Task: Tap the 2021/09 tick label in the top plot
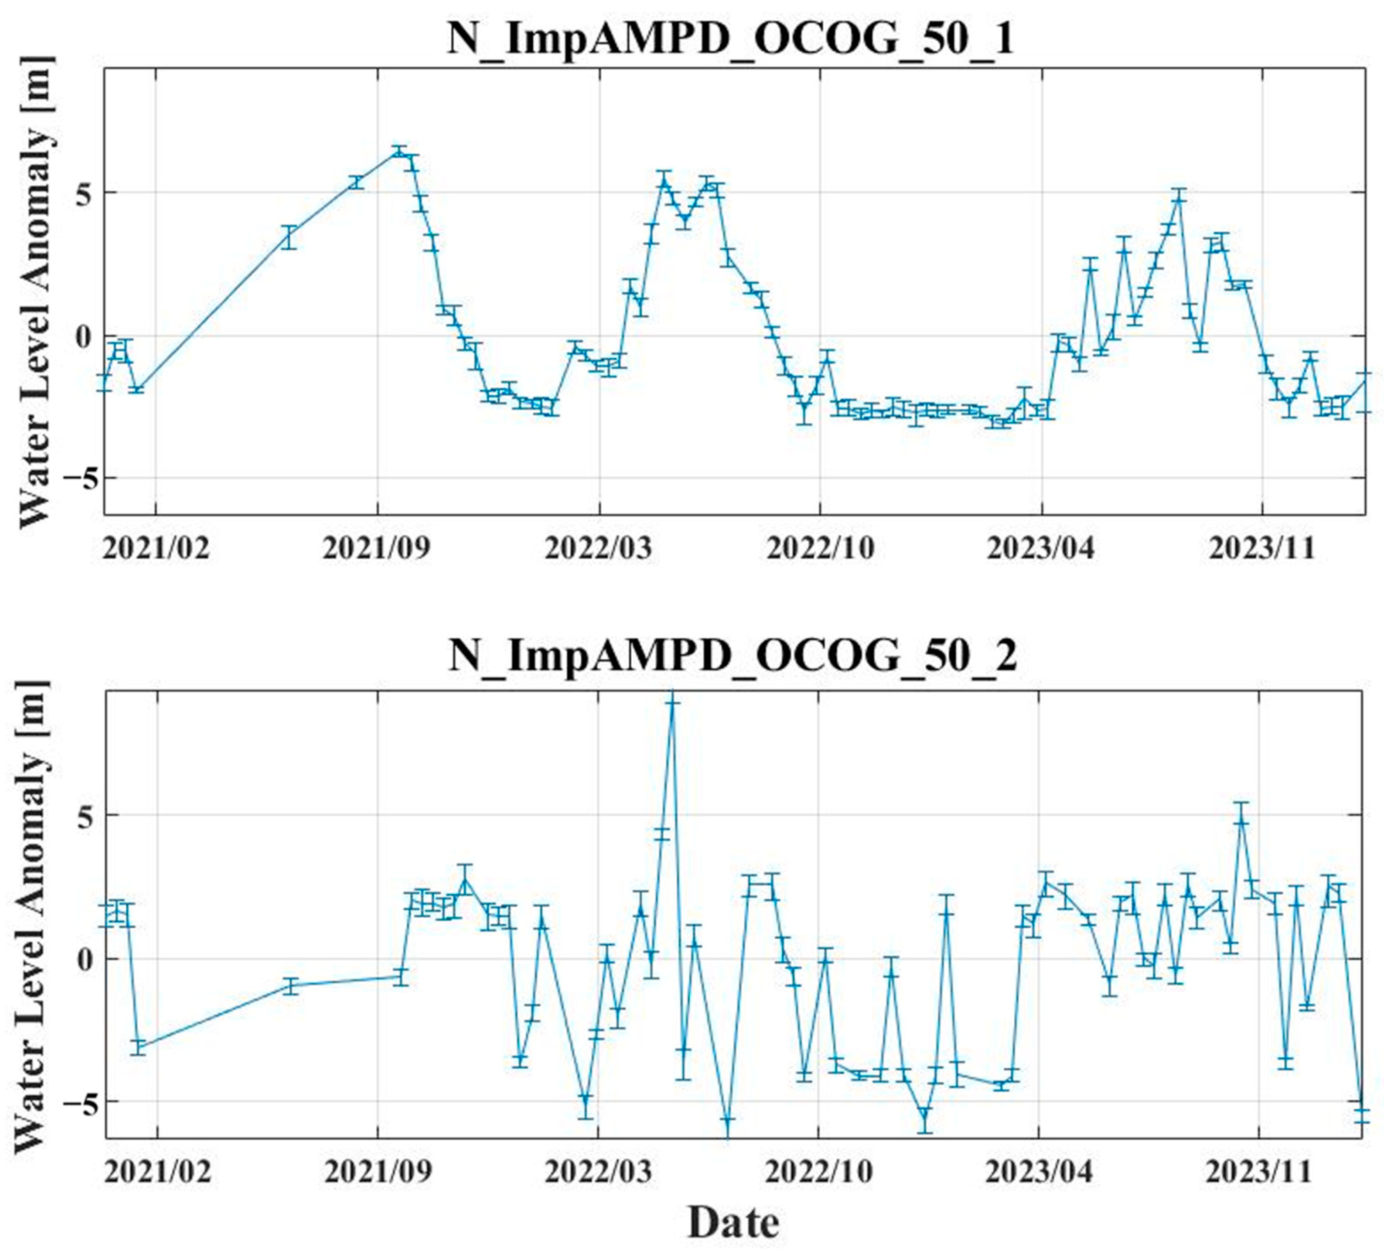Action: (x=377, y=549)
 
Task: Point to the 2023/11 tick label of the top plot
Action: (x=1262, y=549)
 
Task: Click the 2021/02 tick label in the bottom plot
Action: (x=158, y=1171)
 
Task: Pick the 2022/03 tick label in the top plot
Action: (x=599, y=549)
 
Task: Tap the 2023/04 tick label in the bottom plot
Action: (x=1039, y=1171)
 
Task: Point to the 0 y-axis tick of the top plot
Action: (x=84, y=336)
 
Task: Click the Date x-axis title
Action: (x=733, y=1223)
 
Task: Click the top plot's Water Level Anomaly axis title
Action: (x=34, y=292)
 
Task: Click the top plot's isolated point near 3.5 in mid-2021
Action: (x=289, y=237)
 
